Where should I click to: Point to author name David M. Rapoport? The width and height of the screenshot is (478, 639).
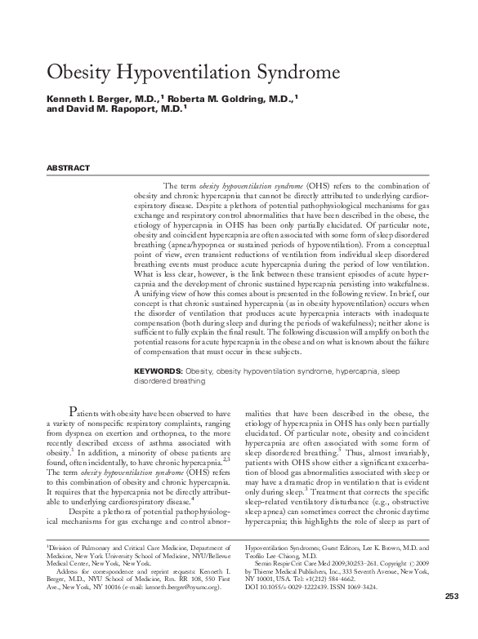coord(127,108)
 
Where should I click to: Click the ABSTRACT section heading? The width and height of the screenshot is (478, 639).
coord(68,168)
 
